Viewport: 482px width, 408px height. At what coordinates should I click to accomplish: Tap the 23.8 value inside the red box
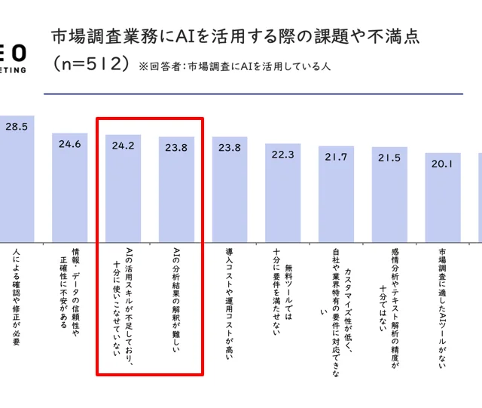coord(176,148)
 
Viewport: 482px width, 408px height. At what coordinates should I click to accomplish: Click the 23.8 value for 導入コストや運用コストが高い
coord(230,148)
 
